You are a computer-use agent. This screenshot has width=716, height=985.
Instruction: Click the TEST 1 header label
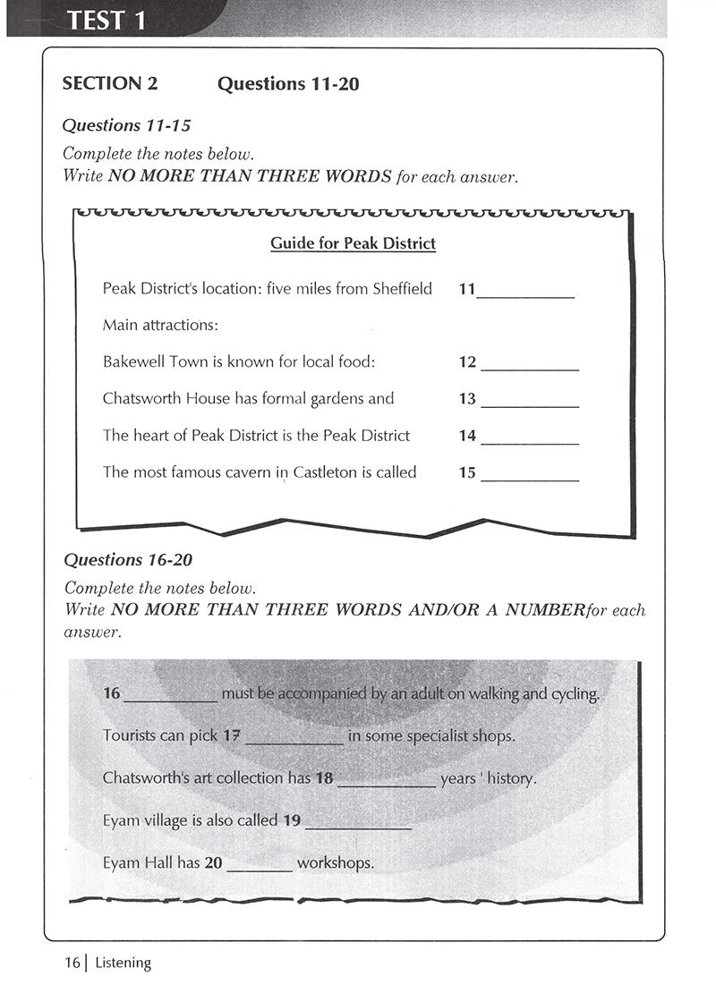click(107, 19)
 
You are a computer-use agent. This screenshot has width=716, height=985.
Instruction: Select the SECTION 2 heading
click(109, 84)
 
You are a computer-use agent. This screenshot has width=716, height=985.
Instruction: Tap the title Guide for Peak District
click(353, 243)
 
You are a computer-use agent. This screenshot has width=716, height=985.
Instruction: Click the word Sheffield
click(400, 289)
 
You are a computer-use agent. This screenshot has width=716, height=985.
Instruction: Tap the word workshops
click(335, 863)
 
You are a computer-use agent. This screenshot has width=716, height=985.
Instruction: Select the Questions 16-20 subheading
click(128, 560)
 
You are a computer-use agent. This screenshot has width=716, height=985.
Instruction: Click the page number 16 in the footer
click(72, 963)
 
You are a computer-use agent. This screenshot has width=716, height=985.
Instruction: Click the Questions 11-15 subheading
click(126, 125)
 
